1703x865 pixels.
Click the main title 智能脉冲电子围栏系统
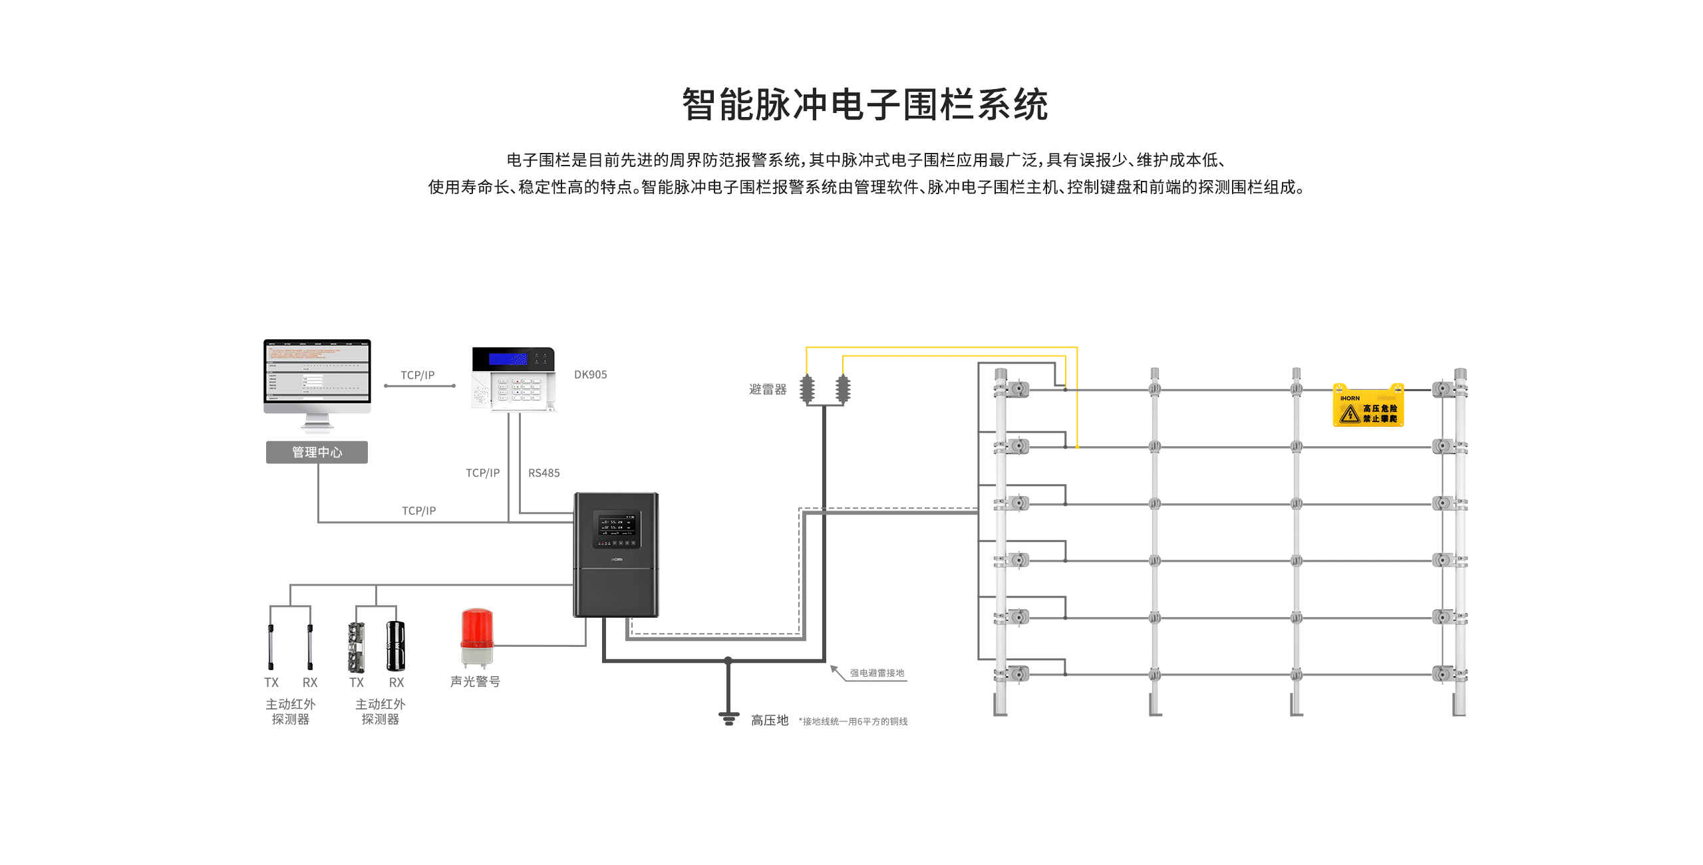pos(864,105)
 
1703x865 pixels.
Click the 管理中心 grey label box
pos(317,452)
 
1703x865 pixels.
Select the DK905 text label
pos(590,374)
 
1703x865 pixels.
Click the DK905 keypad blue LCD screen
pos(508,359)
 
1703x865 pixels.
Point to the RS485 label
pos(543,473)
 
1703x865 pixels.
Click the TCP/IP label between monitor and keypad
pos(417,375)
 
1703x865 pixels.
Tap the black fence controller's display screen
pos(616,529)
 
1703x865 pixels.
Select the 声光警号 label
pos(475,681)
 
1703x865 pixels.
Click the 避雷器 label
pos(767,389)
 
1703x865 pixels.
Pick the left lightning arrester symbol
pos(807,389)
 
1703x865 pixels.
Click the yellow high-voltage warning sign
pos(1368,407)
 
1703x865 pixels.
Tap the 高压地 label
pos(769,720)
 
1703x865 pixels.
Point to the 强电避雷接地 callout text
pos(877,673)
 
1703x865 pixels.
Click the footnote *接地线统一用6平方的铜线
pos(853,721)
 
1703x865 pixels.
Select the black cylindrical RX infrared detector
pos(396,646)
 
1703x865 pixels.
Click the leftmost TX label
pos(271,682)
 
